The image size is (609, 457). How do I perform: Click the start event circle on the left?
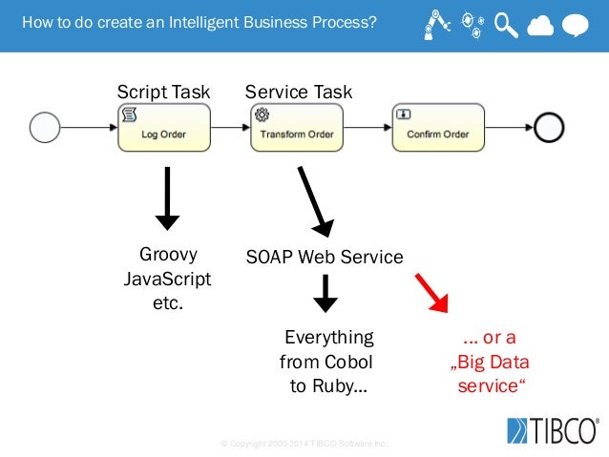45,127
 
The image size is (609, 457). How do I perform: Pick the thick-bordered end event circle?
549,127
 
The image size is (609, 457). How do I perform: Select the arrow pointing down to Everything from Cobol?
325,293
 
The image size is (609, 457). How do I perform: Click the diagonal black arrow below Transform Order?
314,201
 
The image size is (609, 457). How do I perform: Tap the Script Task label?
163,92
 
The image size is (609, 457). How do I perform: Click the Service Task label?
298,92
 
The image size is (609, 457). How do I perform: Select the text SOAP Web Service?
325,257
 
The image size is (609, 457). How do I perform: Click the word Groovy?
168,255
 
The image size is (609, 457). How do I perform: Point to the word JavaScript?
168,280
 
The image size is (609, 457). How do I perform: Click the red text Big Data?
491,363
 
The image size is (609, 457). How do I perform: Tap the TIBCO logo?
553,430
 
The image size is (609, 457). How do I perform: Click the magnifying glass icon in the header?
506,26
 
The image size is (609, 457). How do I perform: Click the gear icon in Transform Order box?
261,114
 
